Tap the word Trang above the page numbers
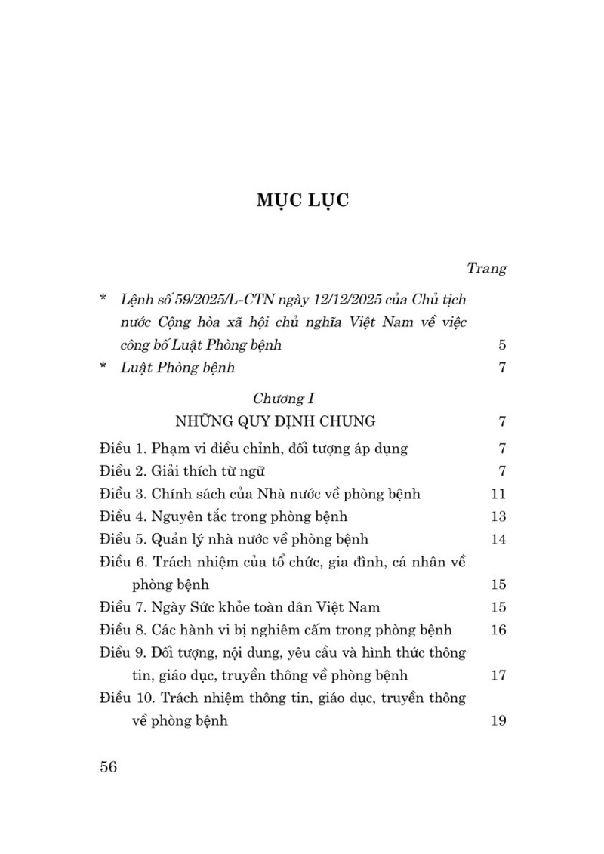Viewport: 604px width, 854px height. (x=486, y=267)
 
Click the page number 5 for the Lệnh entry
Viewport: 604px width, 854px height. (x=501, y=346)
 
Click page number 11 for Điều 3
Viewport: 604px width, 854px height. (x=498, y=494)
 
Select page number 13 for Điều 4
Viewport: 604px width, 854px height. (x=498, y=516)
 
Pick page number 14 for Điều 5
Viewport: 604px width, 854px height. (x=498, y=539)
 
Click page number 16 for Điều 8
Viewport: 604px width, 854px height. (x=498, y=630)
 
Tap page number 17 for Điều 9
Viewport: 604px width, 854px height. (x=498, y=675)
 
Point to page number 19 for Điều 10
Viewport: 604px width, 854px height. (x=498, y=720)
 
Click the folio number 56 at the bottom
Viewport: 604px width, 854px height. (x=109, y=767)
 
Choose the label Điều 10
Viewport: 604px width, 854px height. (x=125, y=698)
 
